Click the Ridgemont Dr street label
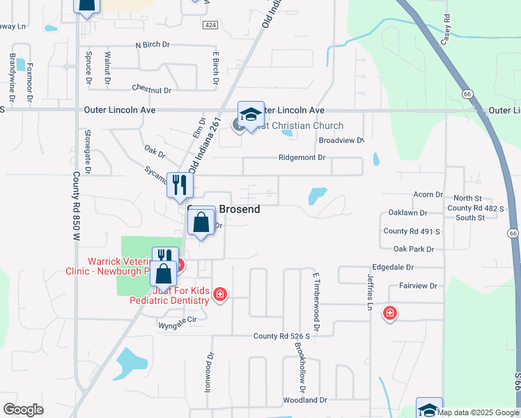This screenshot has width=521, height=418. coord(302,158)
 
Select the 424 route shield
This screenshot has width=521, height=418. coord(209,24)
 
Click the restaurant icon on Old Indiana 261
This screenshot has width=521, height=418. coord(180,186)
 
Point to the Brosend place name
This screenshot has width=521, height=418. coord(240,209)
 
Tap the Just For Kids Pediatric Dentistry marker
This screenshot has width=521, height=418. coord(220,294)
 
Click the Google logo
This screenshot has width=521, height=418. coord(23,409)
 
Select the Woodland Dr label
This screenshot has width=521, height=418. coord(304,400)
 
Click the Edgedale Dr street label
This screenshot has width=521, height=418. coord(412,267)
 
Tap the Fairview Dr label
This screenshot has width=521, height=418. coord(418,286)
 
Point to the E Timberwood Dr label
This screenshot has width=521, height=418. coord(316,302)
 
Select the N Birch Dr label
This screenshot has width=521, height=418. coord(153,45)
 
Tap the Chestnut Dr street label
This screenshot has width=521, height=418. coord(151,89)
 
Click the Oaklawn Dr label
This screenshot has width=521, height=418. coord(407,212)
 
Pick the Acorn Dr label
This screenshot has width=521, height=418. coord(428,195)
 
